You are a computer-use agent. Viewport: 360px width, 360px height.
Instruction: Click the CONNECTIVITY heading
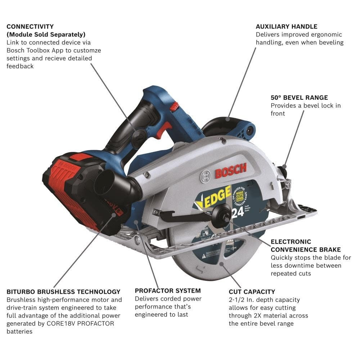[30, 27]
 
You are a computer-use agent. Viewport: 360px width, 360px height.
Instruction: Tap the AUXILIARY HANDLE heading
[287, 27]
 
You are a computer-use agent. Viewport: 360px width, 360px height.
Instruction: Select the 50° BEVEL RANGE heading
[299, 98]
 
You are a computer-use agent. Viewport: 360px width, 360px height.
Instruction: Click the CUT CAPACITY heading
[252, 292]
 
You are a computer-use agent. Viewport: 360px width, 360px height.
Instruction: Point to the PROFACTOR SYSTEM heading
[168, 291]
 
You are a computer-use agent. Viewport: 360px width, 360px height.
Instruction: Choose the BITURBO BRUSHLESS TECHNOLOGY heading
[63, 292]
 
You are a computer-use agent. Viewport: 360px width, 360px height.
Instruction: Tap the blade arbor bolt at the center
[220, 216]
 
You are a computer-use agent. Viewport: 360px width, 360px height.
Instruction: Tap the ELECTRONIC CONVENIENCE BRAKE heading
[306, 246]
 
